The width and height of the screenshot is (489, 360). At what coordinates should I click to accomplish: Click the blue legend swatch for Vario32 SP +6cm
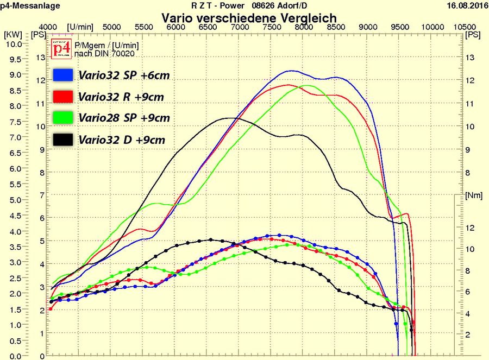point(63,75)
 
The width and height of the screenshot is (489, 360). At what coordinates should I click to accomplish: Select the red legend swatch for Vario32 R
point(63,97)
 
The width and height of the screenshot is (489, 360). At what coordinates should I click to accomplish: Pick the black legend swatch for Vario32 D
point(63,140)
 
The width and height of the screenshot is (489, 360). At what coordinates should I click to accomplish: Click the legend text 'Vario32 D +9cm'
point(122,140)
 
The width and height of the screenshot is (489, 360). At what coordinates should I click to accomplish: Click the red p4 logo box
point(61,49)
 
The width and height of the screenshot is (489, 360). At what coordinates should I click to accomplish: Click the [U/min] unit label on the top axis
point(82,27)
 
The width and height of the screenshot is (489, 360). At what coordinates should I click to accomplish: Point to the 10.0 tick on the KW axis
point(12,44)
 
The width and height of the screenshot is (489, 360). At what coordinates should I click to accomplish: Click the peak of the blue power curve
point(292,71)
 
